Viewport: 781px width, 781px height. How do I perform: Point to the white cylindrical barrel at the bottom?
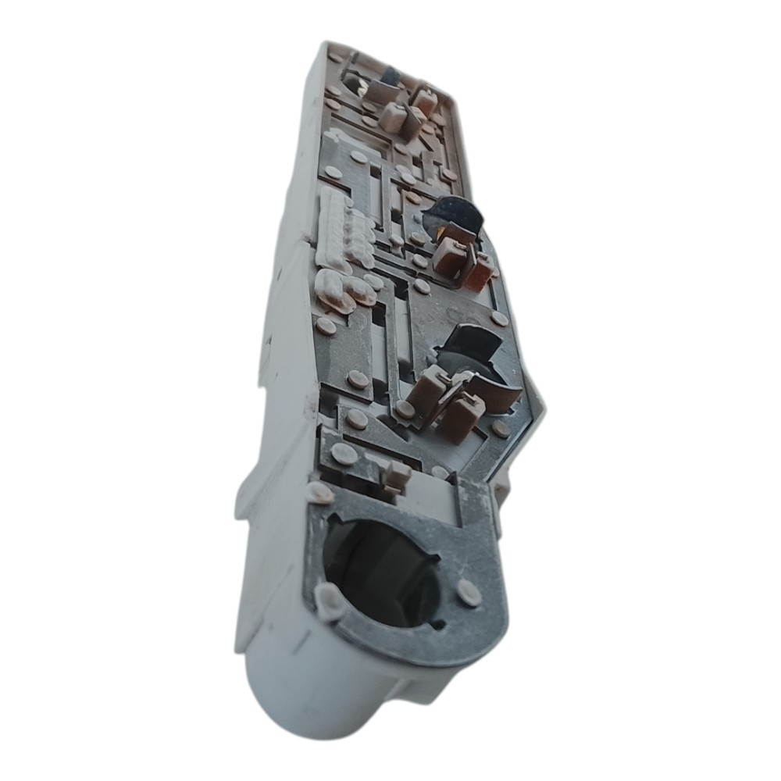312,695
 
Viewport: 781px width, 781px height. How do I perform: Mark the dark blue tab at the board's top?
390,75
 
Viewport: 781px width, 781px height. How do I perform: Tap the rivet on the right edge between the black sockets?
499,319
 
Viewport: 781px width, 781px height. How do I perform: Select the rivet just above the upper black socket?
413,198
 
